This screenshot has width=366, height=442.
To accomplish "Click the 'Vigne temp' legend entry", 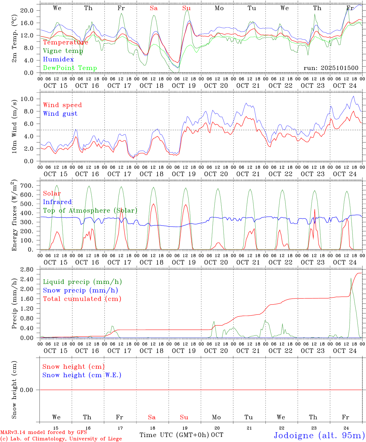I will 63,51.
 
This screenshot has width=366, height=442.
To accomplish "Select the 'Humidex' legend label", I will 58,59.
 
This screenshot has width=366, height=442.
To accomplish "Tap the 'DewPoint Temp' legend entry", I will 70,68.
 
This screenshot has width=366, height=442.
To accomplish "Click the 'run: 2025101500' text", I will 331,68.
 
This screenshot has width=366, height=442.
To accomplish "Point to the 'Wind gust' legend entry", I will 60,114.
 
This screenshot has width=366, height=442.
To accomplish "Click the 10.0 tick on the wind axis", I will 27,99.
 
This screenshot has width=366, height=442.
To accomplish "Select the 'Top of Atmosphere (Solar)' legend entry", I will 90,211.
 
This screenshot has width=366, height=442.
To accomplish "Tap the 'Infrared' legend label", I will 57,202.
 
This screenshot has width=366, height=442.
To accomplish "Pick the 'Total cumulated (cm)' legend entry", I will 82,299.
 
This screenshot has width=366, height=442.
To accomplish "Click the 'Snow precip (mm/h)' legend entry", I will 80,290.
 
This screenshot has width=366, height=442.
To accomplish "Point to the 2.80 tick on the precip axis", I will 27,269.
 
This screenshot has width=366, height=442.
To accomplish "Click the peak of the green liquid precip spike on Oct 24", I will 351,278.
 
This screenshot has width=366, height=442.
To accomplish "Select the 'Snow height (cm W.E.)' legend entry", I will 82,375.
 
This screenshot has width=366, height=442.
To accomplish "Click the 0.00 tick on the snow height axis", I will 27,390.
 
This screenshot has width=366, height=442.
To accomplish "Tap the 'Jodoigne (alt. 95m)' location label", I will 319,435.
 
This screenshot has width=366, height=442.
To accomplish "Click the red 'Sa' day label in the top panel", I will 154,8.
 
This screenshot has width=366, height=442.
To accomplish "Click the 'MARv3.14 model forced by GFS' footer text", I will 44,432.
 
